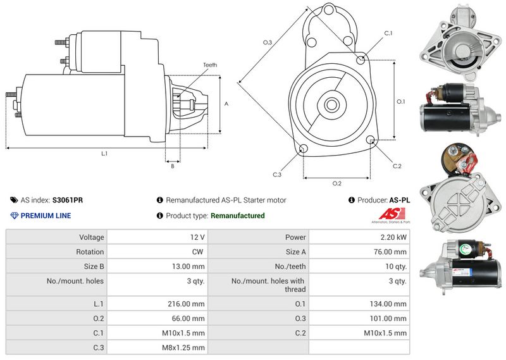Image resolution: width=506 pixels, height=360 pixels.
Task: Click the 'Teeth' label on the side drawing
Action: click(x=210, y=65)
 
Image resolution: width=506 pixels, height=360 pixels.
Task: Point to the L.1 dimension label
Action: click(x=104, y=154)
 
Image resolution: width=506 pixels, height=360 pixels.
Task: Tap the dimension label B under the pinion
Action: click(x=172, y=166)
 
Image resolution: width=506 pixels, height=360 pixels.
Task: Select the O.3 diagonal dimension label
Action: click(x=268, y=42)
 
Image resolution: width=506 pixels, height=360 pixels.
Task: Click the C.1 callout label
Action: click(x=388, y=33)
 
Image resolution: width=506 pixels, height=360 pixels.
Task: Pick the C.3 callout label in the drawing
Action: click(x=277, y=175)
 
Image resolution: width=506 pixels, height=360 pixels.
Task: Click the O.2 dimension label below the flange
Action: click(x=337, y=183)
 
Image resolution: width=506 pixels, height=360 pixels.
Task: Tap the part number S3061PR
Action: click(x=68, y=200)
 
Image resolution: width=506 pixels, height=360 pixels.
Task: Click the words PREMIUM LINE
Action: click(x=46, y=216)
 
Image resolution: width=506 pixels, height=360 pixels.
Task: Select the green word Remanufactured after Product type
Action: click(x=237, y=216)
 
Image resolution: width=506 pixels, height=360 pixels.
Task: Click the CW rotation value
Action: click(x=199, y=252)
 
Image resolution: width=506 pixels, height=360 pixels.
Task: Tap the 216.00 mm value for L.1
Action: click(x=188, y=304)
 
